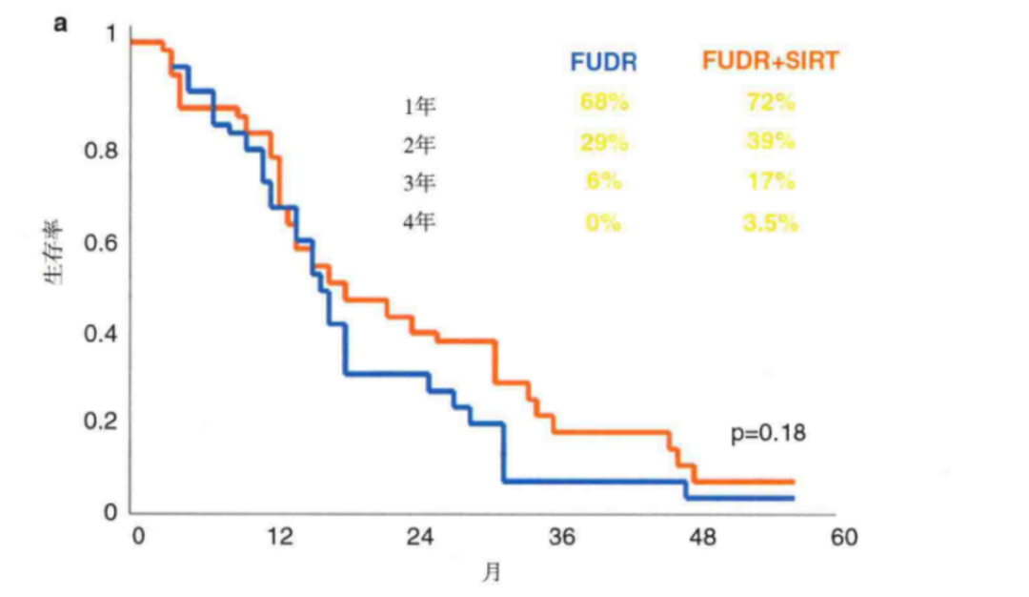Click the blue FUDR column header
[603, 62]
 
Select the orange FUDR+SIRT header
[770, 62]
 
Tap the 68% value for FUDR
[603, 103]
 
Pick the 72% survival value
[770, 103]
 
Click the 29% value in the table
[603, 143]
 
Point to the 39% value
[770, 142]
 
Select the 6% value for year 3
[603, 182]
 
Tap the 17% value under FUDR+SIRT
[770, 182]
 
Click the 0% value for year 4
[603, 223]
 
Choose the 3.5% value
[770, 223]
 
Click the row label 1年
[419, 106]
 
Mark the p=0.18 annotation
[768, 433]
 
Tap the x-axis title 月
[491, 573]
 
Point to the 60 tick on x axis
[843, 538]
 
